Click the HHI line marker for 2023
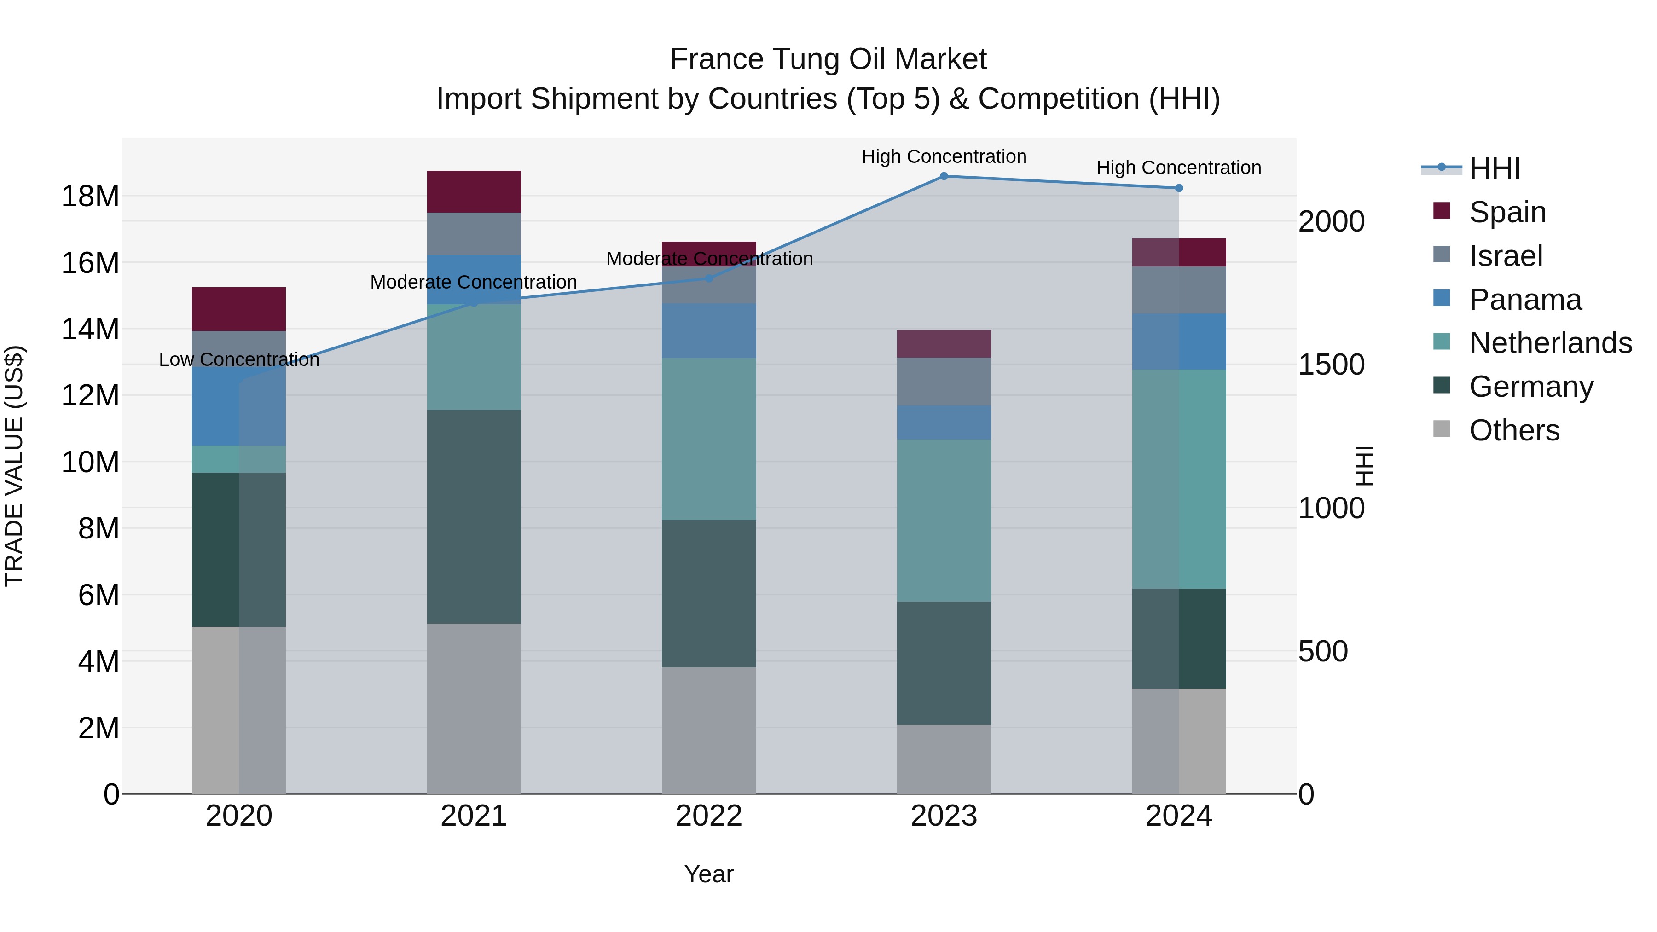tap(944, 176)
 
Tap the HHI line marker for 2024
tap(1178, 188)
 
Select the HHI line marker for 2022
tap(709, 278)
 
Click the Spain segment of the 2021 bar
tap(474, 191)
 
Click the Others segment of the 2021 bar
tap(474, 708)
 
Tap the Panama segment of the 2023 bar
tap(944, 423)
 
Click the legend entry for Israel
tap(1505, 256)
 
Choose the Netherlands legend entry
tap(1550, 343)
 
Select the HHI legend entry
tap(1494, 168)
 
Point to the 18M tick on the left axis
tap(90, 196)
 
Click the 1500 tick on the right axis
tap(1331, 365)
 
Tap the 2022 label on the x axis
tap(709, 816)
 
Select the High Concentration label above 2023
tap(944, 156)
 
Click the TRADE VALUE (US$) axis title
tap(14, 466)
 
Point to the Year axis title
tap(709, 874)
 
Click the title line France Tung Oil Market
tap(828, 59)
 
